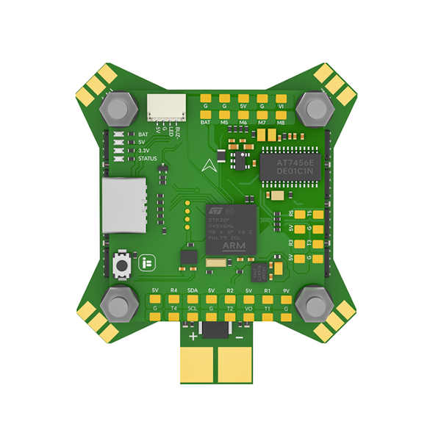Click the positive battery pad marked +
pos(197,362)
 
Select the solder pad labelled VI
pos(281,97)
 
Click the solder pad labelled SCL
pos(193,318)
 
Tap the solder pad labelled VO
pos(249,318)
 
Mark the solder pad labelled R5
pos(300,214)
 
